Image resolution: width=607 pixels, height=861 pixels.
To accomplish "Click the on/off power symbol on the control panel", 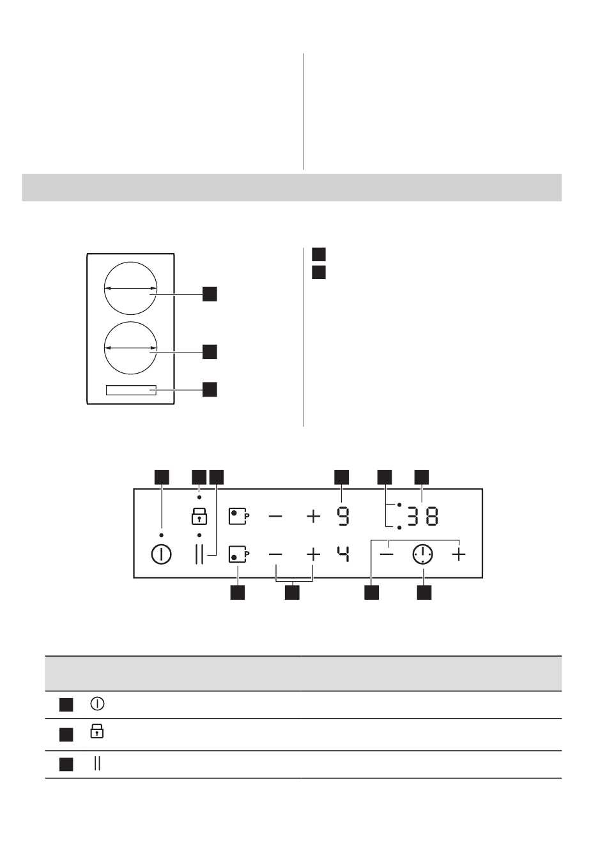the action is pos(162,554).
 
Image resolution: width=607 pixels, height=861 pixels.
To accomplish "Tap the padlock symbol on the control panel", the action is pos(199,516).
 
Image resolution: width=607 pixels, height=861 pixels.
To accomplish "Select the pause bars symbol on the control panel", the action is pos(199,554).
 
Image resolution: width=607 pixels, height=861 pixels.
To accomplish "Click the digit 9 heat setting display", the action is pos(343,516).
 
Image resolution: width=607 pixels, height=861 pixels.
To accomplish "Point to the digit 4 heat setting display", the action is pos(343,554).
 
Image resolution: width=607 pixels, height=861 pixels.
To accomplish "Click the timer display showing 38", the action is pos(423,516).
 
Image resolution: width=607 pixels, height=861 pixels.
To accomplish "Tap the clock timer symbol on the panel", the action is pos(422,554).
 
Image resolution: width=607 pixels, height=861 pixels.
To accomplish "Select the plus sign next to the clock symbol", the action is pos(459,554).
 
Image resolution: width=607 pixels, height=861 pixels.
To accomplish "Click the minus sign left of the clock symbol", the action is pos(387,554).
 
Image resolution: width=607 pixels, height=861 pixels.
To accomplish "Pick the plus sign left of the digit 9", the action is pos(313,516).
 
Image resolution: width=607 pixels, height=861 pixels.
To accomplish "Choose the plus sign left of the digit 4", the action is pos(313,554).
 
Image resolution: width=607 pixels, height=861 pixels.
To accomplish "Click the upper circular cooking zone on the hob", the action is pos(131,288).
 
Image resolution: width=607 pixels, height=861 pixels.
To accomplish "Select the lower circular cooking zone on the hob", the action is pos(131,348).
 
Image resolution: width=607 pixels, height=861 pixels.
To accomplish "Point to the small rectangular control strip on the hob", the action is pos(131,390).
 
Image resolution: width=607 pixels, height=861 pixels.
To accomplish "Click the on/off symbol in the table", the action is pos(97,704).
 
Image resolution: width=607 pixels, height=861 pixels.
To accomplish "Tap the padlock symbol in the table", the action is pos(97,731).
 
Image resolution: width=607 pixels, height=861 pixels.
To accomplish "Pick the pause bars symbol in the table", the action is pos(97,763).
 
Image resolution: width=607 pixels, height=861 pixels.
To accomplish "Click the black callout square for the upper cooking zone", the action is pos(210,294).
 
